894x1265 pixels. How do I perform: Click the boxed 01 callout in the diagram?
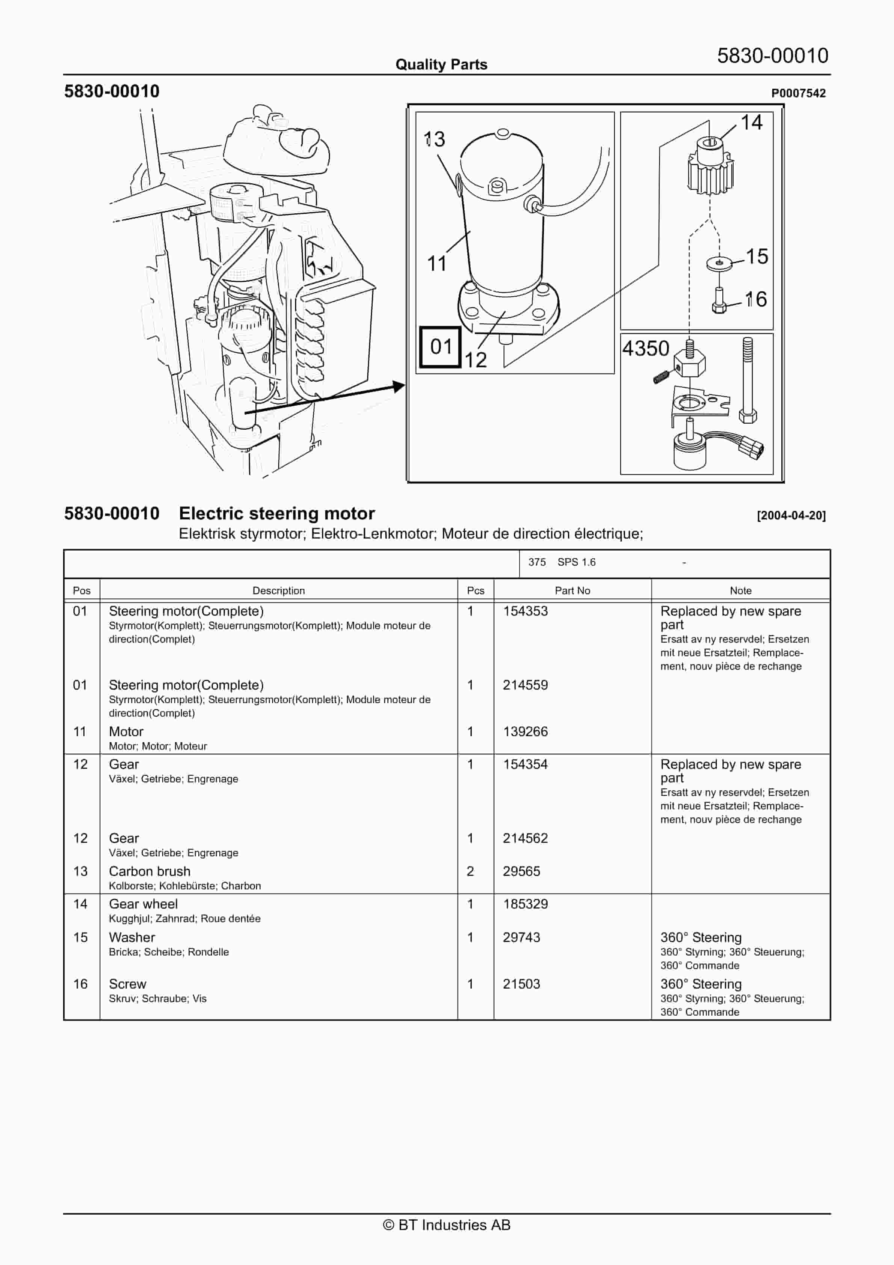tap(440, 347)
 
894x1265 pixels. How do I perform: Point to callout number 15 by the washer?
tap(757, 256)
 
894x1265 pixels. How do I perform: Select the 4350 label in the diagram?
tap(645, 349)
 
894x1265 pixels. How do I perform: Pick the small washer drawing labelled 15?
tap(719, 263)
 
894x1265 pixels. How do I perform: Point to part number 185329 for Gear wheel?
tap(525, 904)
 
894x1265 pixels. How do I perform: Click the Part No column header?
tap(572, 591)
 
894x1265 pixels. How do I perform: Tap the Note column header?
tap(740, 591)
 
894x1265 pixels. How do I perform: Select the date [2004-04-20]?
tap(791, 516)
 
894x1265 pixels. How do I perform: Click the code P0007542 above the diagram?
tap(798, 94)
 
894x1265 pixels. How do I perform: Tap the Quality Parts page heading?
tap(441, 65)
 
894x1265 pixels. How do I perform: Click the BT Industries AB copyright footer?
tap(447, 1225)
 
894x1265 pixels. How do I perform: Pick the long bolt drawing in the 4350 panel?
tap(748, 380)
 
